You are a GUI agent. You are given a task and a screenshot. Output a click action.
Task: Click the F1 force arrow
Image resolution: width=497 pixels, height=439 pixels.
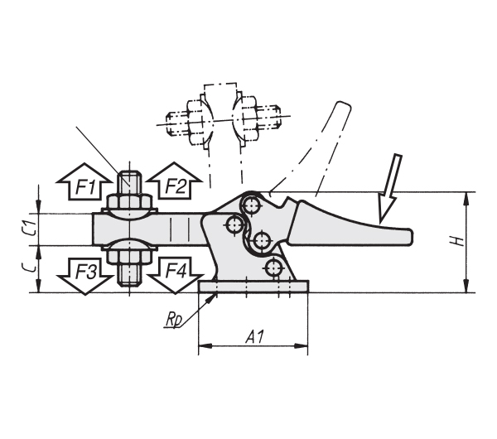84,182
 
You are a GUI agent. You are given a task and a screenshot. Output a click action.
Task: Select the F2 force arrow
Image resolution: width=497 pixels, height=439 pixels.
175,181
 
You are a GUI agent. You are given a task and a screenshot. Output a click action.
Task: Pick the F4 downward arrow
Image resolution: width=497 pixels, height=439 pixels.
176,275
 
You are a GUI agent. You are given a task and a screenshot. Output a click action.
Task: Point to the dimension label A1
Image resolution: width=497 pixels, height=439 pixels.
254,337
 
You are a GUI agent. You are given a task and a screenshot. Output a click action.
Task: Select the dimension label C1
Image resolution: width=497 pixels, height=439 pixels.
30,229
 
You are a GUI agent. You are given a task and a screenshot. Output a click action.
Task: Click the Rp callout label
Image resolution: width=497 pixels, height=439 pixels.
174,321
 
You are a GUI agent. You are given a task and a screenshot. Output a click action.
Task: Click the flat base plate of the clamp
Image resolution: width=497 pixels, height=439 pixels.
253,287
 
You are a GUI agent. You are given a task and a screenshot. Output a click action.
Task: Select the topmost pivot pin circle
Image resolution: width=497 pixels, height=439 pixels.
252,206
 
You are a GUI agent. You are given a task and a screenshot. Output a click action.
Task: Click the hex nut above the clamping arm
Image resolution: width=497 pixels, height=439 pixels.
129,201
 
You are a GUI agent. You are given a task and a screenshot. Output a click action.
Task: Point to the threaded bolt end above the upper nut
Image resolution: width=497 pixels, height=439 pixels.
129,183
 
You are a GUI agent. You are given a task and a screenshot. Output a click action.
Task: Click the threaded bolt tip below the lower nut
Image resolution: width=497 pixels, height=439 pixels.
129,275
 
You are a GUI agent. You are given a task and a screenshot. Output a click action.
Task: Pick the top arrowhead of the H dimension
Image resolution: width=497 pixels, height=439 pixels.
466,199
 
